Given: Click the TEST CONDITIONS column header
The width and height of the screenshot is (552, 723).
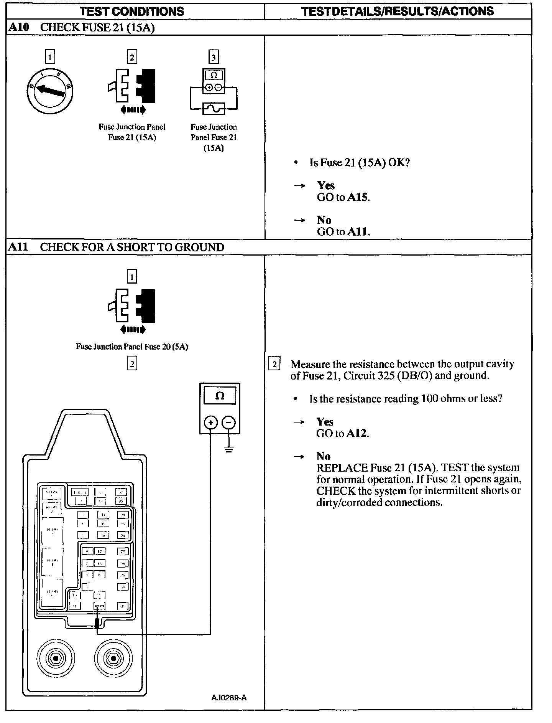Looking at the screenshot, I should pos(132,12).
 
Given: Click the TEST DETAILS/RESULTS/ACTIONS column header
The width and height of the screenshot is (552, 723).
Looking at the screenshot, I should pos(398,12).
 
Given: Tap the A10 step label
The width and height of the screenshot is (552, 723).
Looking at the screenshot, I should pos(18,28).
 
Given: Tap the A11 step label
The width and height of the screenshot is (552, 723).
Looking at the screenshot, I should pos(18,247).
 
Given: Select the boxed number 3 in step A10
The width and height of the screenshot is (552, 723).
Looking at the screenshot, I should pos(214,58).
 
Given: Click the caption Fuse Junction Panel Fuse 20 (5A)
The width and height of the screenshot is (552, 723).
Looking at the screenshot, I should pos(132,347).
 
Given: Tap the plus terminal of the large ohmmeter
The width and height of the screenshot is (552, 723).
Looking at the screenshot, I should pos(210,423).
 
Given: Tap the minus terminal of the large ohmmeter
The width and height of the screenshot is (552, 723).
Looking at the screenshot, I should pos(229,423).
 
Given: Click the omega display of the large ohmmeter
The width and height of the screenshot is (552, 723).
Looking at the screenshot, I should pos(220,396).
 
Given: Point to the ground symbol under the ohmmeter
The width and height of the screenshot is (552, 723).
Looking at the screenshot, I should pos(229,449).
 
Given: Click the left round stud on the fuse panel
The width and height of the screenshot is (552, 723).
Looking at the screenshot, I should pos(56,659).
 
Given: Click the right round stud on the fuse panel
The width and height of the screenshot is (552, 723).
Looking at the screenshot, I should pos(113,659).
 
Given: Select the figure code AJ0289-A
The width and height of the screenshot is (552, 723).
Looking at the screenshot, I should pos(228,698).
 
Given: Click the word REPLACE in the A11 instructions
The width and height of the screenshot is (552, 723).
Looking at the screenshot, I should pos(342,468).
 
